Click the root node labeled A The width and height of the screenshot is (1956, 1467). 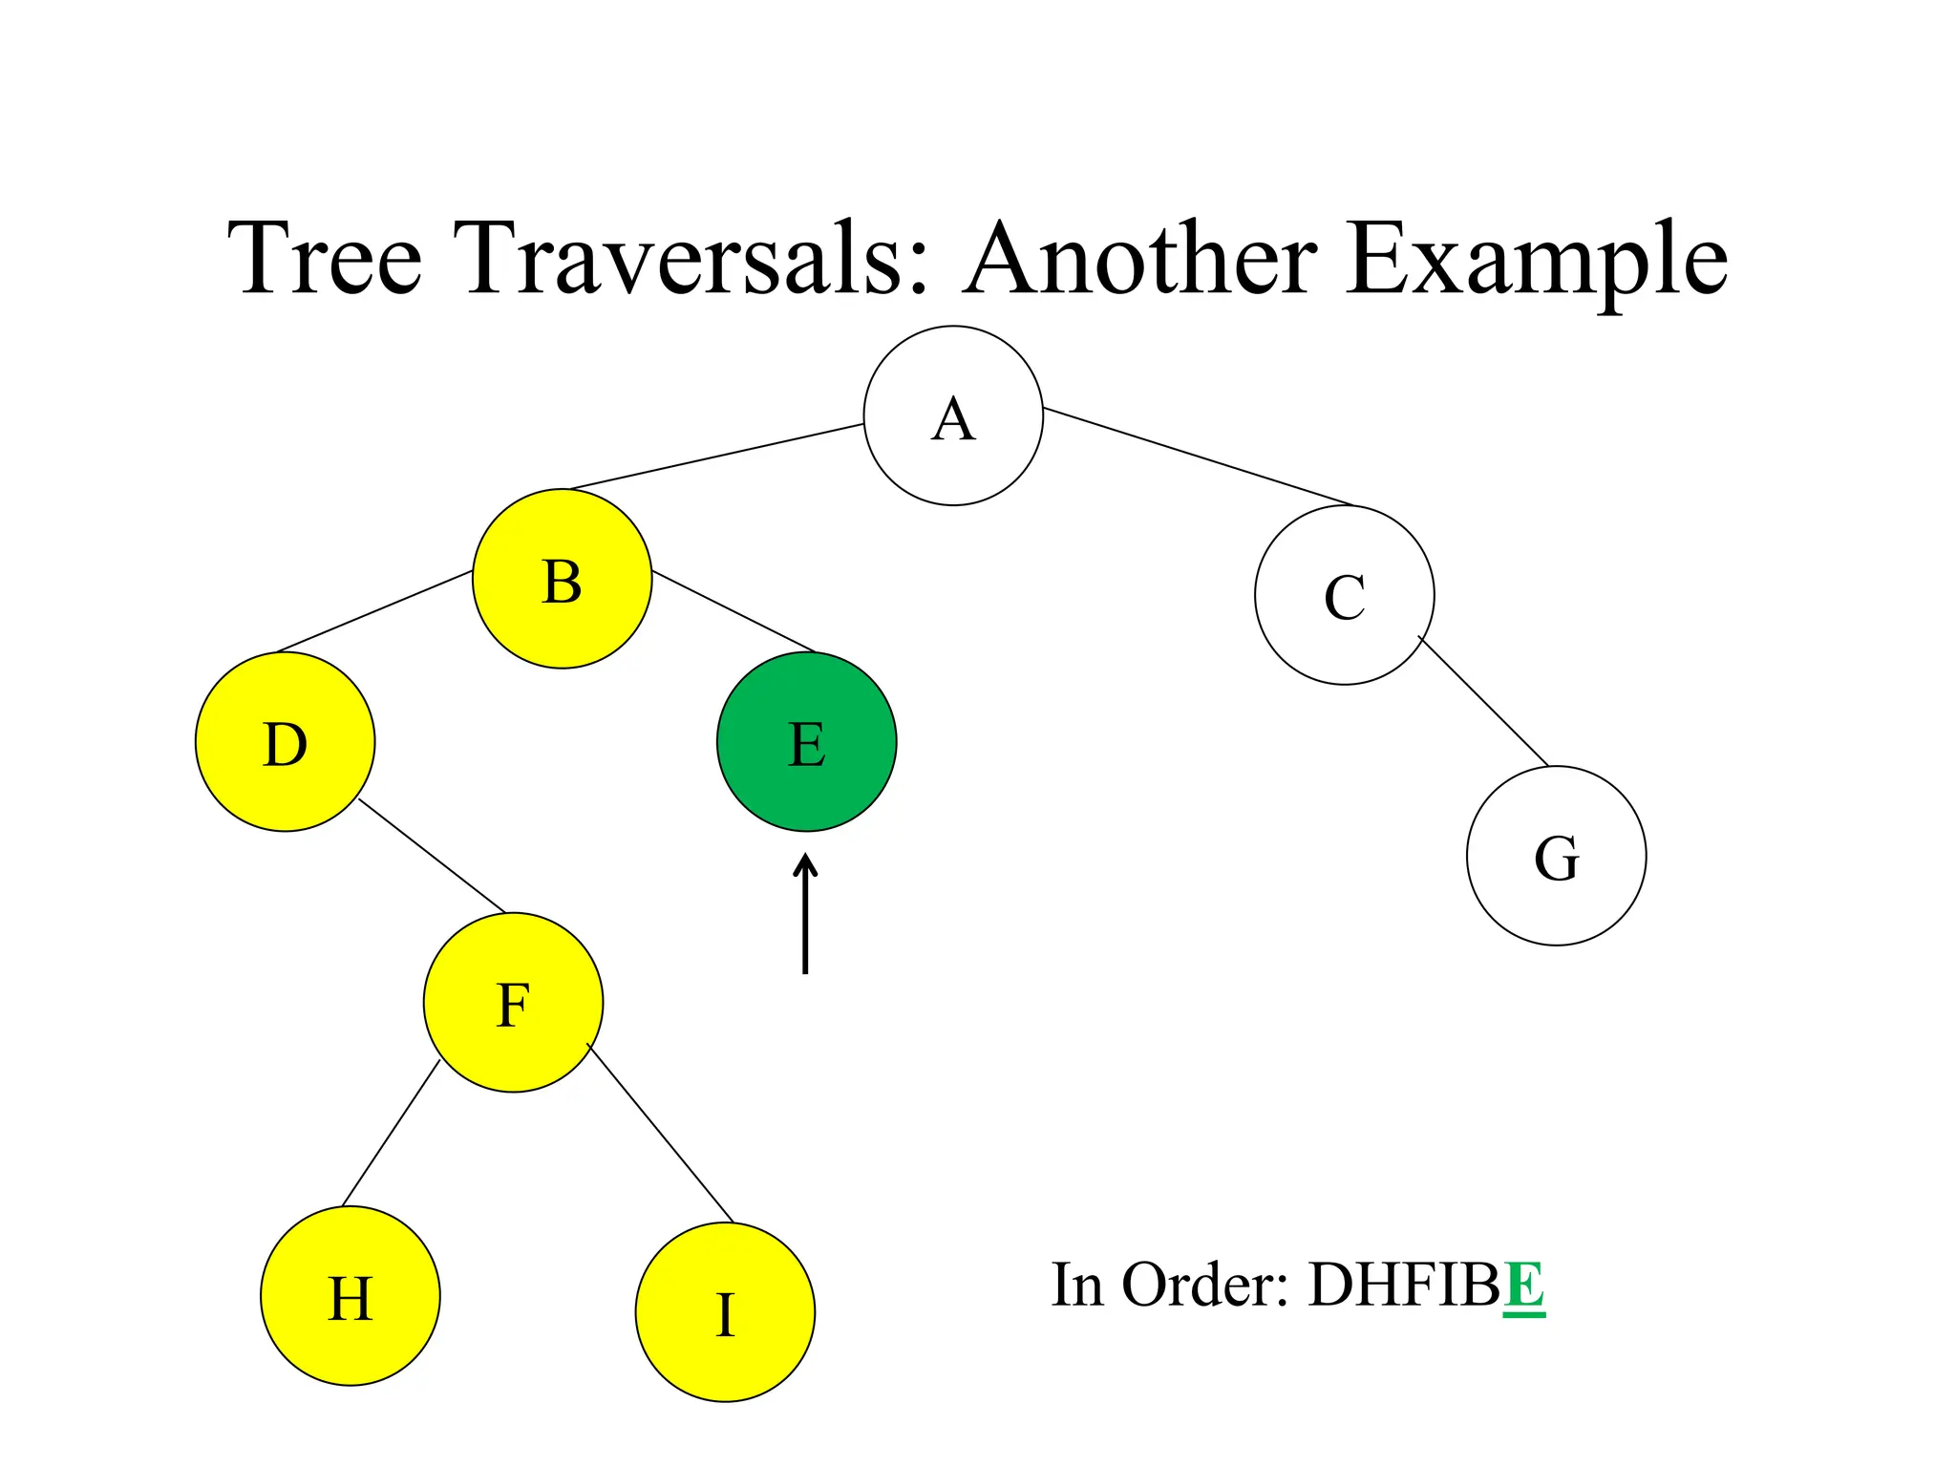(953, 415)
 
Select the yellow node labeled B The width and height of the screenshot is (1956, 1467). (562, 579)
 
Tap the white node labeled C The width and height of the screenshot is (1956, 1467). (1344, 595)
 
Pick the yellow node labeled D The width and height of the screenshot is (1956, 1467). (285, 742)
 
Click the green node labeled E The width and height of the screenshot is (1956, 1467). (806, 742)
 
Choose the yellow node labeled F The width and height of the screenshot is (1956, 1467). (513, 1003)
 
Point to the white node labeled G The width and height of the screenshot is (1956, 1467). (1556, 856)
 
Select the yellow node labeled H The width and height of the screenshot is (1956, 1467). (350, 1296)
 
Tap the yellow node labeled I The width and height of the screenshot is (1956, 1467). (725, 1312)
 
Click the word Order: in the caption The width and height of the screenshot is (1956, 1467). (1205, 1286)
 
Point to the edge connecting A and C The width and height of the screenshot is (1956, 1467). (1199, 457)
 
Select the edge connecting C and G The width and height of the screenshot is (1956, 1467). (1483, 701)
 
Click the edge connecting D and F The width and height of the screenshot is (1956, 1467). (432, 856)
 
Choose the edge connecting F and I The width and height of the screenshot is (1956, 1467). (660, 1134)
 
